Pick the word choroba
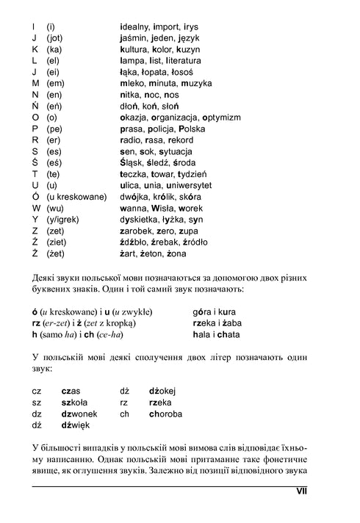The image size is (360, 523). click(x=166, y=414)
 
